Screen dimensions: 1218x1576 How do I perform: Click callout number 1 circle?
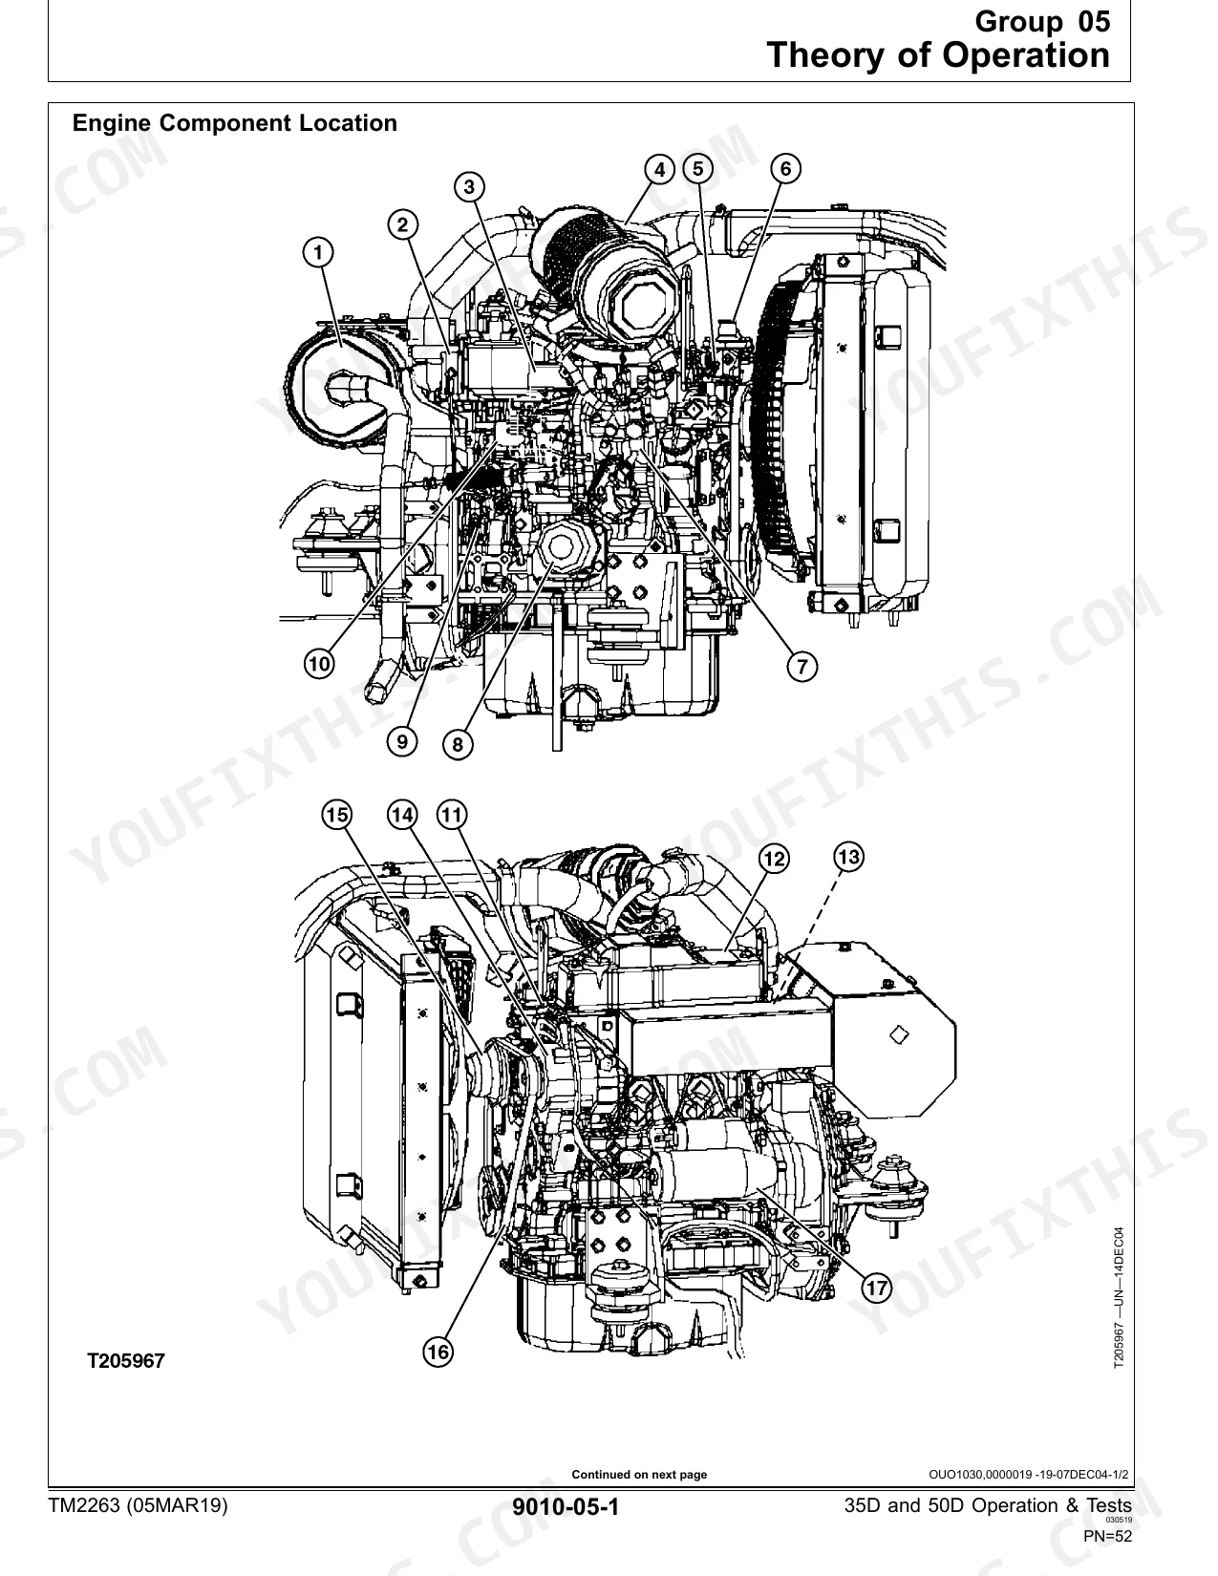pyautogui.click(x=318, y=252)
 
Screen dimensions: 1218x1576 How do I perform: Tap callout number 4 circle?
pyautogui.click(x=659, y=170)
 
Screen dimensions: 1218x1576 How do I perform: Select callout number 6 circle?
pyautogui.click(x=785, y=169)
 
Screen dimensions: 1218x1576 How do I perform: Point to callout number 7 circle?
pyautogui.click(x=801, y=667)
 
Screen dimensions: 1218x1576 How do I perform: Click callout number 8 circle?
pyautogui.click(x=458, y=744)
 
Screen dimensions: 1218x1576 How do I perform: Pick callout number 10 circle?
pyautogui.click(x=319, y=664)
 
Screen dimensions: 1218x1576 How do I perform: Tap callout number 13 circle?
pyautogui.click(x=848, y=857)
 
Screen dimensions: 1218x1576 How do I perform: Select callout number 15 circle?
pyautogui.click(x=336, y=815)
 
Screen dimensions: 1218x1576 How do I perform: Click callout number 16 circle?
pyautogui.click(x=438, y=1352)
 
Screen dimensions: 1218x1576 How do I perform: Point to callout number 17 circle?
pyautogui.click(x=876, y=1288)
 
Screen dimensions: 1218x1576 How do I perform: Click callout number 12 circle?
pyautogui.click(x=774, y=860)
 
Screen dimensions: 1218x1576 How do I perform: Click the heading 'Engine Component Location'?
pyautogui.click(x=235, y=123)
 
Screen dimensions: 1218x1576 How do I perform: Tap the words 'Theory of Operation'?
pyautogui.click(x=938, y=55)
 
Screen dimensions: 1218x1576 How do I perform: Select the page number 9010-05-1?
pyautogui.click(x=566, y=1506)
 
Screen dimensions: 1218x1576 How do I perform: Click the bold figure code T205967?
pyautogui.click(x=126, y=1360)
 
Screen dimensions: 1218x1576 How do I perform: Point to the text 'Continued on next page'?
pyautogui.click(x=639, y=1475)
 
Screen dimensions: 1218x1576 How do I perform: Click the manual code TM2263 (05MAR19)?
pyautogui.click(x=138, y=1505)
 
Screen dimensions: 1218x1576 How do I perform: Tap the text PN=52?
pyautogui.click(x=1108, y=1536)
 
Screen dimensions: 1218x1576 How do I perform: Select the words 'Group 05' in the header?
pyautogui.click(x=1042, y=22)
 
